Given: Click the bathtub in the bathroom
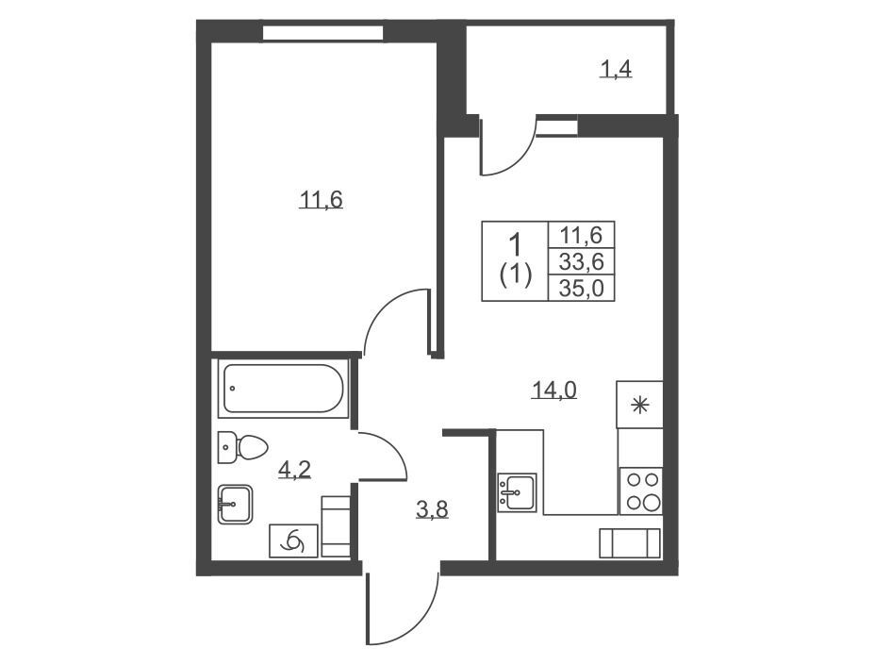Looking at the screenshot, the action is click(x=284, y=389).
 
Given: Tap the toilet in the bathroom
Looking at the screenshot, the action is click(x=242, y=447).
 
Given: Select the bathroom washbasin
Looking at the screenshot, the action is click(x=235, y=504).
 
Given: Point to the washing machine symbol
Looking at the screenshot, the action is click(x=293, y=540).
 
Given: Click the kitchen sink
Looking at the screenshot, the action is click(x=517, y=492).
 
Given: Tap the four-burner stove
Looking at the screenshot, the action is click(x=640, y=490).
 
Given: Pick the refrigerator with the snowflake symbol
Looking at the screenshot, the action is click(x=639, y=405).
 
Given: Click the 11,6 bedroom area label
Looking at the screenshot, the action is click(x=321, y=199).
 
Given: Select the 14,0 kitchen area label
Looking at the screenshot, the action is click(x=553, y=390).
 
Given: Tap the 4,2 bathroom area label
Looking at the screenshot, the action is click(x=294, y=471).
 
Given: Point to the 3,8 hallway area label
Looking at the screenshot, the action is click(x=433, y=509).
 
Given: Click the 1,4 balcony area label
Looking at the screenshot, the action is click(x=616, y=69).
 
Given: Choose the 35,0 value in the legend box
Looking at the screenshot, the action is click(x=582, y=289).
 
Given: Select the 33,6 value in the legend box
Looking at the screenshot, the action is click(x=582, y=261).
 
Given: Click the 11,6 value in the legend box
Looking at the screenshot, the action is click(x=582, y=235).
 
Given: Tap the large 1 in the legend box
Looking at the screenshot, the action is click(x=516, y=244).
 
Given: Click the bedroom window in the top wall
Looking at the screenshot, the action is click(x=322, y=33).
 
